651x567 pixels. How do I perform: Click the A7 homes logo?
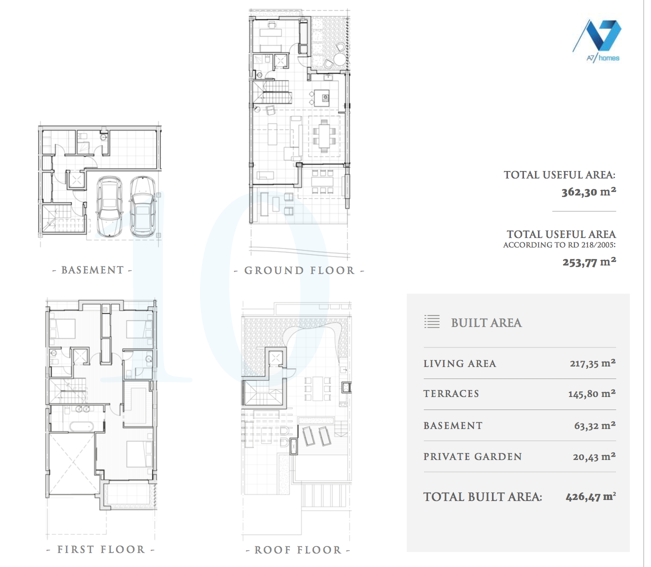[596, 40]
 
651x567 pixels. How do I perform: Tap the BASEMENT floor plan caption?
[92, 270]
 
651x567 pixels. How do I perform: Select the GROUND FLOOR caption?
[299, 271]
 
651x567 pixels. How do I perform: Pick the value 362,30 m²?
[588, 192]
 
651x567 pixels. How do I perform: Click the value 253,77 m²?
[589, 262]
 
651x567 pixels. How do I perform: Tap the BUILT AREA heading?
[486, 322]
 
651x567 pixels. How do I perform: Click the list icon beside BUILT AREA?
[432, 321]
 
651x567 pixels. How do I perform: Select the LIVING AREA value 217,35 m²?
[593, 363]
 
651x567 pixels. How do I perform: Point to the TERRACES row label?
[451, 393]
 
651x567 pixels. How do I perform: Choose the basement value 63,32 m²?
[594, 425]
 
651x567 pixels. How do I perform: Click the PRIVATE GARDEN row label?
[472, 456]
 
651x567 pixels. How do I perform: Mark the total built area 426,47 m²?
[591, 496]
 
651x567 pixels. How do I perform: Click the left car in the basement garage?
[109, 207]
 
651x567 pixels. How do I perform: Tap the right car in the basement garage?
[142, 207]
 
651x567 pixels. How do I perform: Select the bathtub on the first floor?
[81, 426]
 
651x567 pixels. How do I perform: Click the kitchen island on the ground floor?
[321, 98]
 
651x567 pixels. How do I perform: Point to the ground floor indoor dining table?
[324, 136]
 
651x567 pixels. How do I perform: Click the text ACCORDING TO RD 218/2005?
[559, 245]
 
